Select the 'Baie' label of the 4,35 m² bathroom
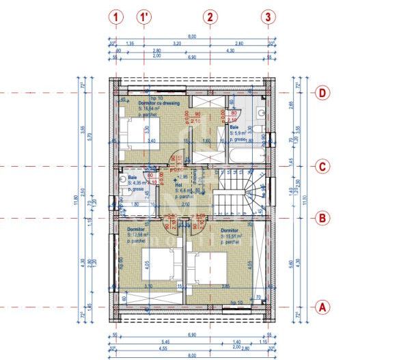pos(132,178)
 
